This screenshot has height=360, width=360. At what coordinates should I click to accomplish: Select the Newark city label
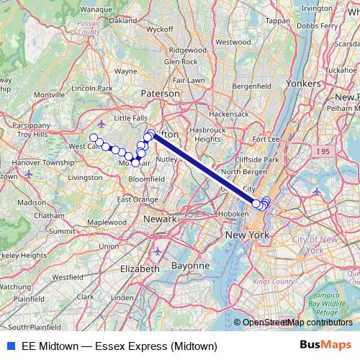(159, 218)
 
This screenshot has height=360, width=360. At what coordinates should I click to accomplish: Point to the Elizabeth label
(140, 268)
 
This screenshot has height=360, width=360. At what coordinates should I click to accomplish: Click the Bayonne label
(190, 266)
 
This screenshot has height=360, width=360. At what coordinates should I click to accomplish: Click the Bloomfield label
(146, 179)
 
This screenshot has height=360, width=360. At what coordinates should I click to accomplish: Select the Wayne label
(125, 71)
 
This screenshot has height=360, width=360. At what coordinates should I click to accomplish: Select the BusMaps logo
(325, 345)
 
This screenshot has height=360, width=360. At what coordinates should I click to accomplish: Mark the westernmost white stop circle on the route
(93, 138)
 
